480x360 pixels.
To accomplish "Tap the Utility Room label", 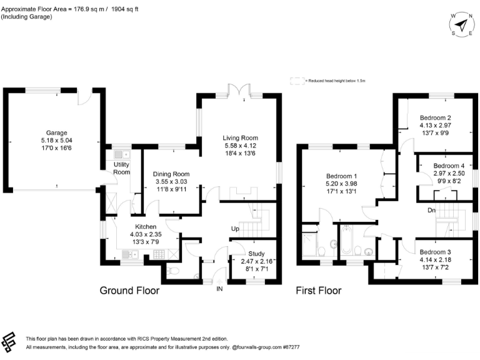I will [121, 167].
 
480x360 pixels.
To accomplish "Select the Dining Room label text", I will [171, 174].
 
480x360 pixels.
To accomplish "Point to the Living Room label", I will [241, 138].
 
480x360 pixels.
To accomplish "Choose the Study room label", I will [257, 253].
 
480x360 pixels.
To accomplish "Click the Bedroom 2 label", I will [435, 117].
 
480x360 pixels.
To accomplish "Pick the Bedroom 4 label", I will [448, 166].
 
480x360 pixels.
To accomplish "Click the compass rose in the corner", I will [461, 24].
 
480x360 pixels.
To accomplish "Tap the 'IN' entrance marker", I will [219, 289].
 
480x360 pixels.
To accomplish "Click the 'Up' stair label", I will [236, 228].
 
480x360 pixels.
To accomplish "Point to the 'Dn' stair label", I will [431, 211].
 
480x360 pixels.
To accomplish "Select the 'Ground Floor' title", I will [130, 291].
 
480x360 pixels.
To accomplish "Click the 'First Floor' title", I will [318, 291].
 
